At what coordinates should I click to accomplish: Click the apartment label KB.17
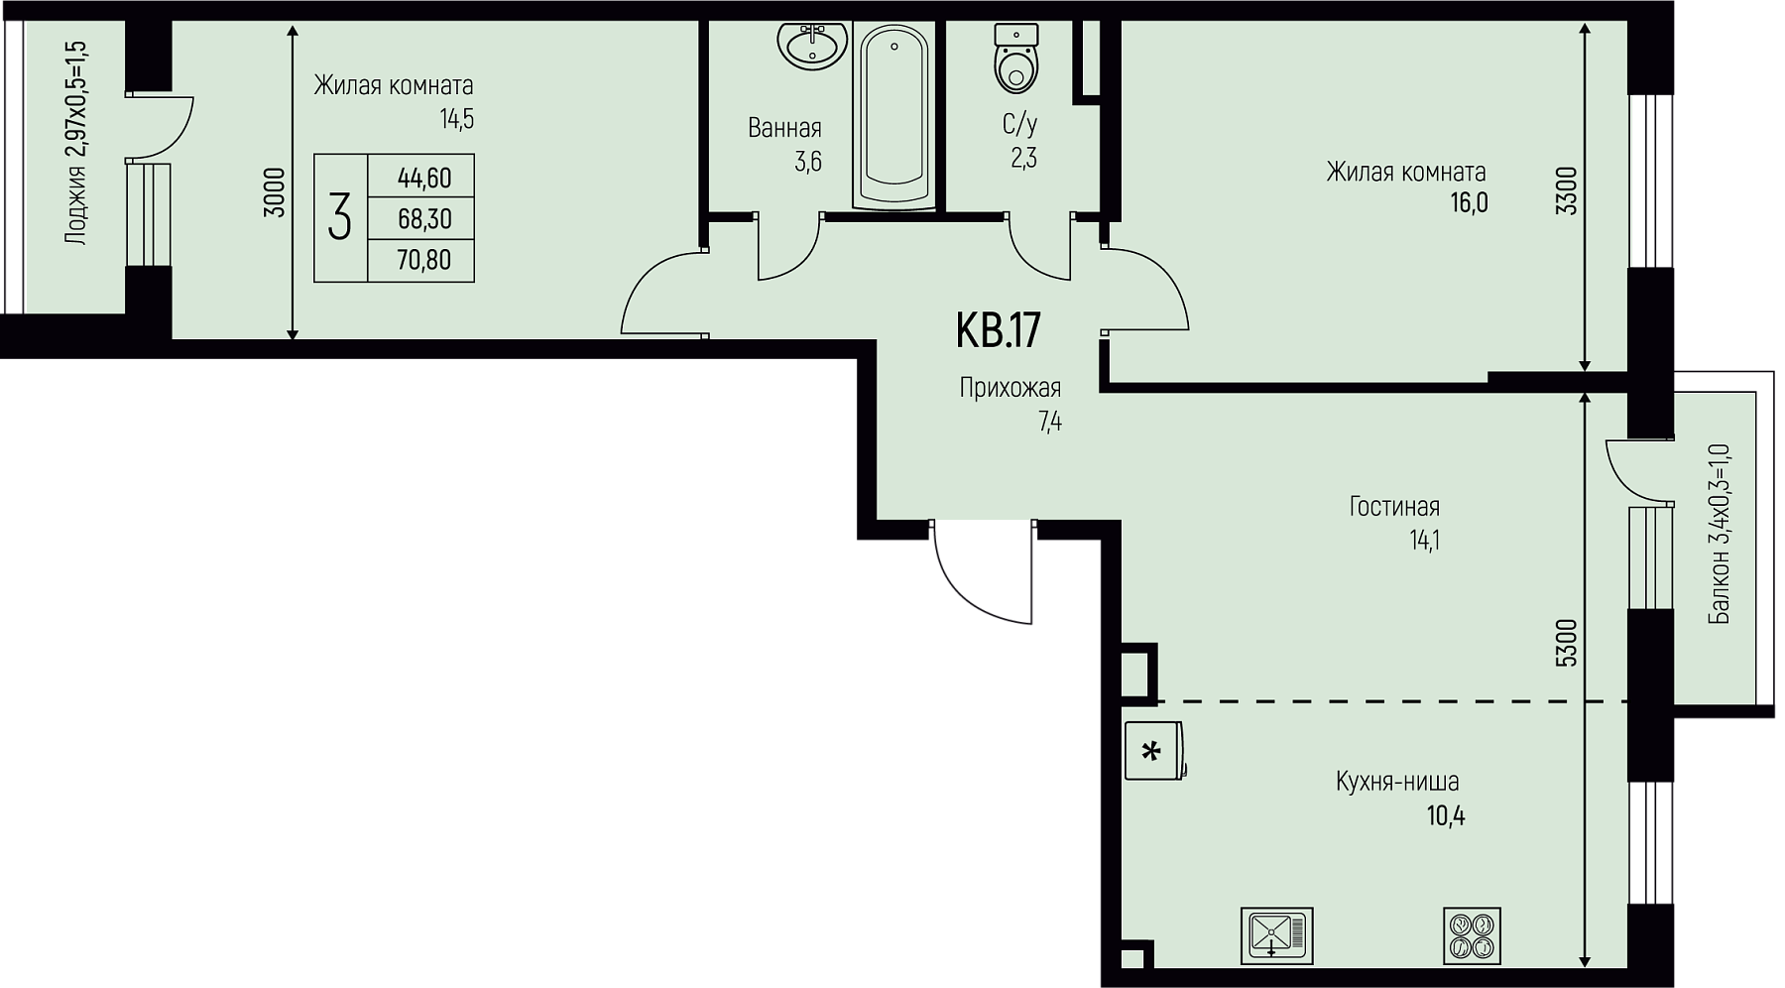tap(998, 330)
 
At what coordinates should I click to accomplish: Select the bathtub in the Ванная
tap(894, 116)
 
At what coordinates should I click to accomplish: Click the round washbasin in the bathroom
tap(812, 44)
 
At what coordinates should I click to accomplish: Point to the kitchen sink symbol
tap(1276, 934)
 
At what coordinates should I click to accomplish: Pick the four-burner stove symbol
tap(1473, 934)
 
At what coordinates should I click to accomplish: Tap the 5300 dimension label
tap(1567, 643)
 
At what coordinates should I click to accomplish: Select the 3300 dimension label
tap(1567, 191)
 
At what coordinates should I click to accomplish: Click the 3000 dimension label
tap(277, 191)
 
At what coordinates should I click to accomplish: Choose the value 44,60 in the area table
tap(424, 178)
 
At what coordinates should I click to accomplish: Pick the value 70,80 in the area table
tap(424, 260)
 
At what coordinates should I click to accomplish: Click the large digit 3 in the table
tap(340, 217)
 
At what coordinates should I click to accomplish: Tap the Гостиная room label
tap(1394, 507)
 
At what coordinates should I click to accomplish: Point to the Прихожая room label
tap(1011, 388)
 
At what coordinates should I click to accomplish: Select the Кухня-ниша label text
tap(1397, 782)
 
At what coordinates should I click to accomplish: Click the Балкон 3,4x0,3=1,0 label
tap(1720, 534)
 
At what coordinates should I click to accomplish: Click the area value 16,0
tap(1468, 203)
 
